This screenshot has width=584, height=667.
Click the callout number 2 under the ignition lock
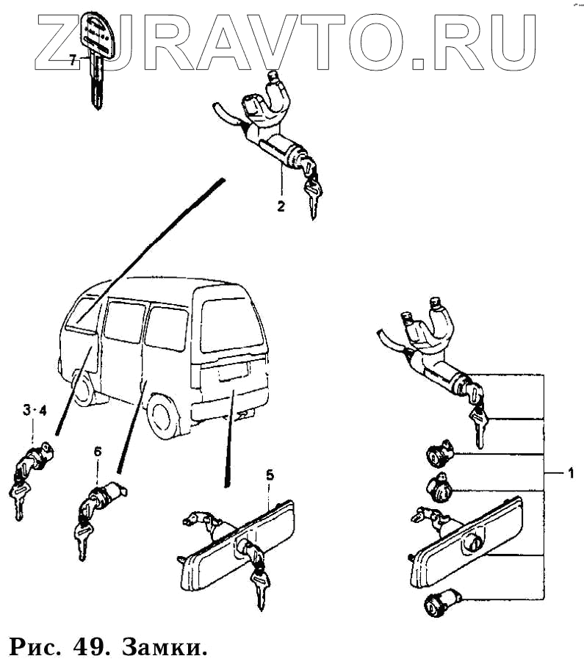tap(281, 206)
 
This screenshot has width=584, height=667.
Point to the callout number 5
tap(270, 475)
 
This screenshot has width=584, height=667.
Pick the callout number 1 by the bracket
tap(569, 474)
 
